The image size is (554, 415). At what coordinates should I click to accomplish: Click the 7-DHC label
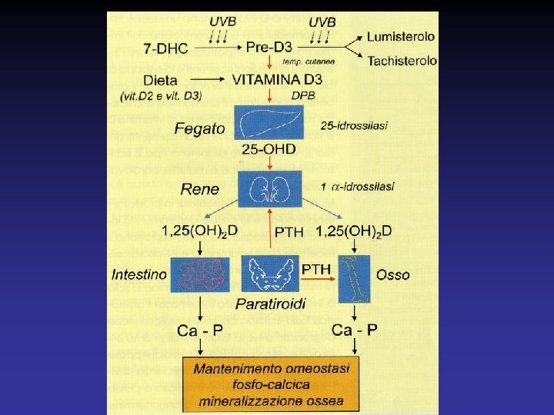(165, 48)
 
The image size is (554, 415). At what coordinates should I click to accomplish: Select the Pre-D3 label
(269, 48)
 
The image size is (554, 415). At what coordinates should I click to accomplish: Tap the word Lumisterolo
(401, 36)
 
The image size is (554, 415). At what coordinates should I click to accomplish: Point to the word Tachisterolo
(402, 61)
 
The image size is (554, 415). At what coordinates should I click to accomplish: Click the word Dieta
(160, 79)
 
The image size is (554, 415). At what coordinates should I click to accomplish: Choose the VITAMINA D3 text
(278, 79)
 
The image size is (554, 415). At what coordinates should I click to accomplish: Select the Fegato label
(199, 128)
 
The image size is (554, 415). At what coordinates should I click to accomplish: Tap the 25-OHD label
(269, 148)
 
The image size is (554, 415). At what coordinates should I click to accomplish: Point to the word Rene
(200, 189)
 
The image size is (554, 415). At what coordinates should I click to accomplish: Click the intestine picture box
(200, 274)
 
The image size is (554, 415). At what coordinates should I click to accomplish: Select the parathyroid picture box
(269, 274)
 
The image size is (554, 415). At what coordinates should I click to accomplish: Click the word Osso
(393, 274)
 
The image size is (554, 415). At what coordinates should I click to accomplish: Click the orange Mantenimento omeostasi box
(271, 384)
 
